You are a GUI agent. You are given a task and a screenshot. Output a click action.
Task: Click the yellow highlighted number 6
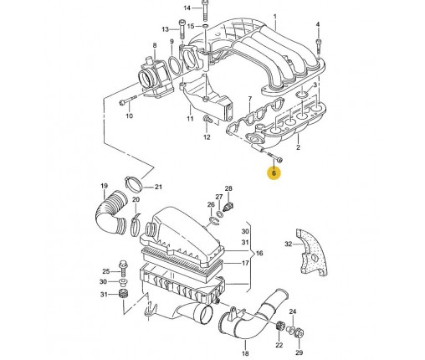pos(274,173)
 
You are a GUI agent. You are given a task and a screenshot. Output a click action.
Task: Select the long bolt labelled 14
pos(204,10)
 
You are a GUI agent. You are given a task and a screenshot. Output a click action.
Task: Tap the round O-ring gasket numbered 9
pos(176,66)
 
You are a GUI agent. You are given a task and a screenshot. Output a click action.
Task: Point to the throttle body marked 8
pos(155,77)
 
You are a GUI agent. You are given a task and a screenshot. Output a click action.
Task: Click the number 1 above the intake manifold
pos(275,17)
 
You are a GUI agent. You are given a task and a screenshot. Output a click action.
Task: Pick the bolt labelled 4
pos(318,46)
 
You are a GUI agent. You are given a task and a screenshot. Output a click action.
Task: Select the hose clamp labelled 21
pos(133,183)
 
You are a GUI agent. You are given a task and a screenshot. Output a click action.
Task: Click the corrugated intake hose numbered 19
pos(110,211)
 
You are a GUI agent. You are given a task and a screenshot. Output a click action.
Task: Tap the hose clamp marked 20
pos(136,224)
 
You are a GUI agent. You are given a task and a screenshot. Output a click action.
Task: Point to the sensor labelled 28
pos(228,207)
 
